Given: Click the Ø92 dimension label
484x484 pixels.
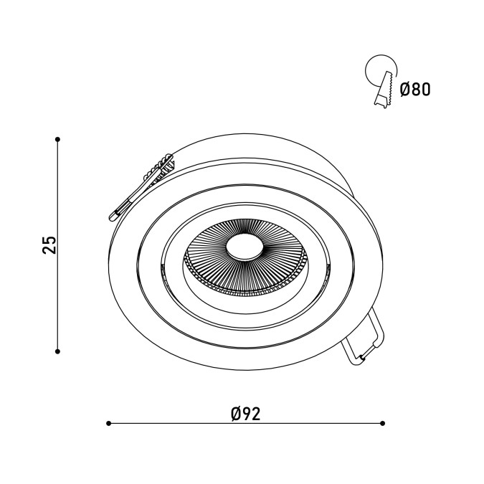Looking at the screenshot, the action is pos(246,414).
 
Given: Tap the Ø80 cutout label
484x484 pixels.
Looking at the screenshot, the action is pos(415,90).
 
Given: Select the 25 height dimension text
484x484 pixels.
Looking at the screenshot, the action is pos(49,245).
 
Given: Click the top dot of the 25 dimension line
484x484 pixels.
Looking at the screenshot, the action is pos(57,140).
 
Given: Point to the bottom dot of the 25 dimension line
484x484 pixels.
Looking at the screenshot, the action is pos(57,351).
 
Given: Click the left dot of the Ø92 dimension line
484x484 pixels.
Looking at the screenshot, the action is pos(108,423).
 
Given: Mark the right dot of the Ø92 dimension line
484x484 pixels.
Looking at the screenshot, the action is pos(383,423).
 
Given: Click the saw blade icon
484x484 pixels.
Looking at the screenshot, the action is pos(384,90).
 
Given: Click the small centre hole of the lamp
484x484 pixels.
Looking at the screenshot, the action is pos(245,247).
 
